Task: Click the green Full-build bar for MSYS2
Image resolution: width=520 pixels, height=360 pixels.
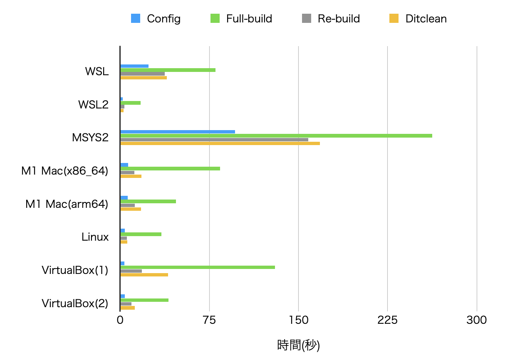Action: [x=276, y=136]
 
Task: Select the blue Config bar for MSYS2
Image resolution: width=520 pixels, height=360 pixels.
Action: [x=178, y=132]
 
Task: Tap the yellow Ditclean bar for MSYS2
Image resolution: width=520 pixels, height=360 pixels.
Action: [x=220, y=143]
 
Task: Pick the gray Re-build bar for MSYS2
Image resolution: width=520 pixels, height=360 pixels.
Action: [x=214, y=140]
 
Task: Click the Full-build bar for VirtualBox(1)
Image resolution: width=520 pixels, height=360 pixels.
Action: [x=198, y=267]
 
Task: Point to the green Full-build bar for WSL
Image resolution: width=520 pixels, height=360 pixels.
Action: [x=168, y=70]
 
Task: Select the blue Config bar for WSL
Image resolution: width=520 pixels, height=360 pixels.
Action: [x=134, y=66]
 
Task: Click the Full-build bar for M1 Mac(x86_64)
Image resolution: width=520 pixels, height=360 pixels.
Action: [x=170, y=168]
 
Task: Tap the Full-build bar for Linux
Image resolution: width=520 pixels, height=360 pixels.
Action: [x=141, y=234]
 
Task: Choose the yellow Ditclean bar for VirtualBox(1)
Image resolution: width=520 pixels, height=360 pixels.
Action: [x=144, y=275]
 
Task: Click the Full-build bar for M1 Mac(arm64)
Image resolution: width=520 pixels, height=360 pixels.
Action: [x=148, y=201]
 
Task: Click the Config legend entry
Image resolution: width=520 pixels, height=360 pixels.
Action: [x=156, y=19]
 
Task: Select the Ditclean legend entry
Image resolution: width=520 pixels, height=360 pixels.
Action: [x=418, y=19]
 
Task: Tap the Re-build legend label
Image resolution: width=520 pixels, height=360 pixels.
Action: [x=339, y=19]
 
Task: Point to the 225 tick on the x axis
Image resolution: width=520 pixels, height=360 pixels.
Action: [x=387, y=320]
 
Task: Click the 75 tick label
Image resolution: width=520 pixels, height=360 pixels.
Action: [x=209, y=320]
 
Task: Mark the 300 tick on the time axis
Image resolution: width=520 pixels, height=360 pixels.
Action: [x=477, y=320]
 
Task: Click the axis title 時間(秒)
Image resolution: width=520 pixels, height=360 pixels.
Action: [x=298, y=345]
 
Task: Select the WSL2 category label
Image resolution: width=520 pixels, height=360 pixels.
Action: [x=93, y=104]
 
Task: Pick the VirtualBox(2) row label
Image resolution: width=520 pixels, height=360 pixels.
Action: [x=75, y=303]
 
